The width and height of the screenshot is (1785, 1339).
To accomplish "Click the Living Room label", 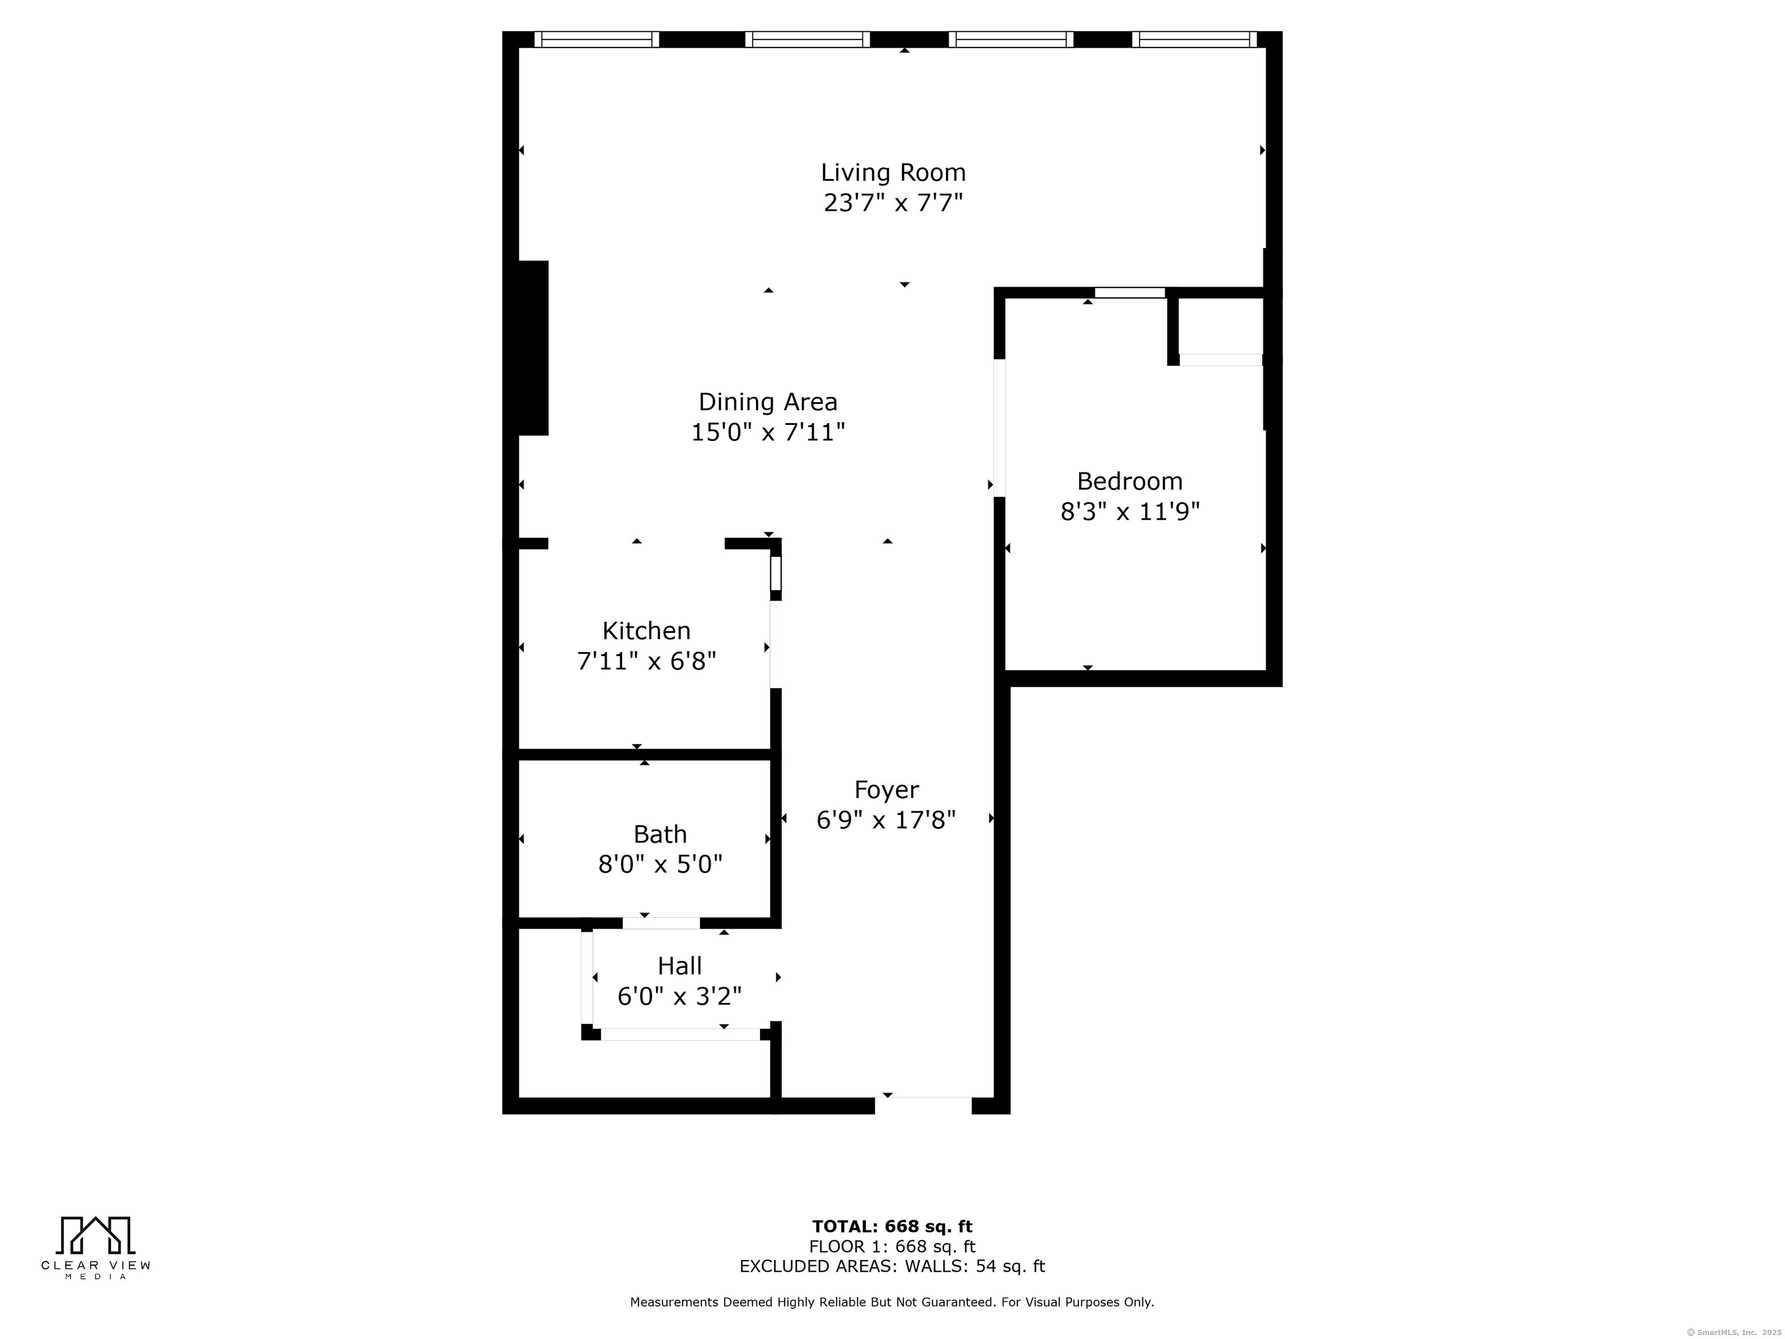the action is pyautogui.click(x=893, y=173).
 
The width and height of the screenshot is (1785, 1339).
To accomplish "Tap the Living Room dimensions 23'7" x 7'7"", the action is pyautogui.click(x=893, y=203).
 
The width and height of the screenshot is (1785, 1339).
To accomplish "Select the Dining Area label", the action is pyautogui.click(x=768, y=402).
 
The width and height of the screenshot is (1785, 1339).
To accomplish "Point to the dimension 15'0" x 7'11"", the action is pyautogui.click(x=768, y=432).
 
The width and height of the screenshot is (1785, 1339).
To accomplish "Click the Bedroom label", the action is pyautogui.click(x=1130, y=481).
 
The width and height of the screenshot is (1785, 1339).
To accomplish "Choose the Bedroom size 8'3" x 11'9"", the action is pyautogui.click(x=1130, y=511).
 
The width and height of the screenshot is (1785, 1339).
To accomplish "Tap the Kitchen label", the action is pyautogui.click(x=646, y=631).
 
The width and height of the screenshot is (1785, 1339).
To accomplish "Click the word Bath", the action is pyautogui.click(x=660, y=834).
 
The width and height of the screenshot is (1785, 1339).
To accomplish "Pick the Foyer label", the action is pyautogui.click(x=886, y=789).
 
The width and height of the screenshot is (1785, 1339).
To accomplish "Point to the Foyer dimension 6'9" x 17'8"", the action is pyautogui.click(x=886, y=821).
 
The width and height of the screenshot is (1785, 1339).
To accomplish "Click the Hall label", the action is pyautogui.click(x=679, y=966).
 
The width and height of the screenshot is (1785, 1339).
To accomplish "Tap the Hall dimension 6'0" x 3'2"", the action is pyautogui.click(x=679, y=997).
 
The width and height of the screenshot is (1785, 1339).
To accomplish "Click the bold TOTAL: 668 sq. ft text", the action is pyautogui.click(x=892, y=1227).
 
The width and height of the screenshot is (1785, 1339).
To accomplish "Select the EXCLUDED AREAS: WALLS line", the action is pyautogui.click(x=892, y=1266).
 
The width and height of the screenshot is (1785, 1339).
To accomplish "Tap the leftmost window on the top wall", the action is pyautogui.click(x=596, y=40).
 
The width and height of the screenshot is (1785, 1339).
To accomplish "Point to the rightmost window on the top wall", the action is pyautogui.click(x=1194, y=40).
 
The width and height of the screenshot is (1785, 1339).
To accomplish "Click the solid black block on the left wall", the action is pyautogui.click(x=533, y=348).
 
